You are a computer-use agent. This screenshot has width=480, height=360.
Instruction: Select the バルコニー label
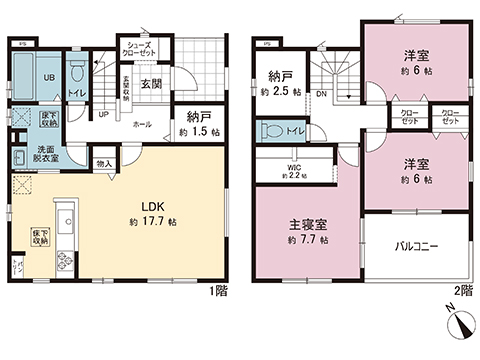point(416,243)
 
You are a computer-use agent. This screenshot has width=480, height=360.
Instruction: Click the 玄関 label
point(151,83)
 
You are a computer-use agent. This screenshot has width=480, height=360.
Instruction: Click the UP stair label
point(104,114)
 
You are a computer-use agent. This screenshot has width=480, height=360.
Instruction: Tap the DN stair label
point(319,95)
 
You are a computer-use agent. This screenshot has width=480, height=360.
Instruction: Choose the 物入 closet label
point(103,163)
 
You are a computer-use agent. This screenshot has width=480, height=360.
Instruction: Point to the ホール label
point(144,123)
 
